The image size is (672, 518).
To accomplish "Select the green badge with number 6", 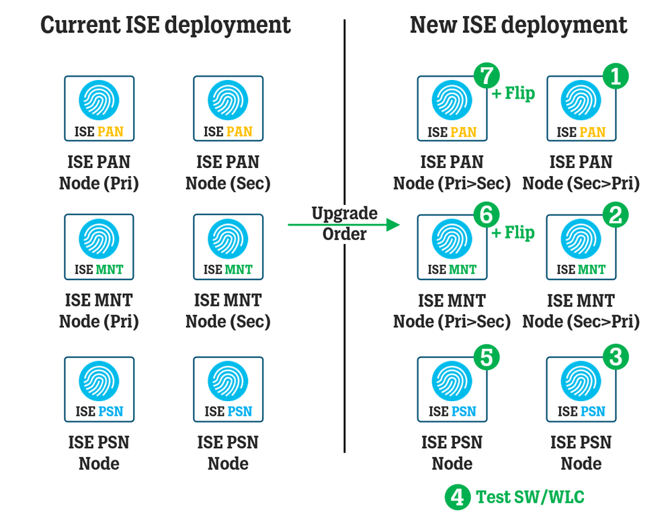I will point(487,216).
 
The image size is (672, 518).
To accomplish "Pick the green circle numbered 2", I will point(616,216).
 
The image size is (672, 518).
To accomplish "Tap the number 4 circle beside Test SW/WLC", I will point(457,497).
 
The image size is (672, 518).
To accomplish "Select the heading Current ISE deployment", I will point(165,26).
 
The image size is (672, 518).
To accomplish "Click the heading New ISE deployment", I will point(518,26).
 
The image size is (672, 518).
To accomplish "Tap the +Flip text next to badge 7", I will point(513,94).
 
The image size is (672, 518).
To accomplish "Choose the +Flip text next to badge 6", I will point(513,233).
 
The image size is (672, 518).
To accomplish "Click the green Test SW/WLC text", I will point(530,497).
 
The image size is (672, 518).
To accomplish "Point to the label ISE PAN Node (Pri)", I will point(99,173).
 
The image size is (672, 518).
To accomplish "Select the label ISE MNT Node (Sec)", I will point(228,311).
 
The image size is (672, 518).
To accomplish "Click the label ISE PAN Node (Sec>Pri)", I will point(581,173).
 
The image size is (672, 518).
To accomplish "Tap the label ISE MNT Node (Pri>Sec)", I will point(452,311).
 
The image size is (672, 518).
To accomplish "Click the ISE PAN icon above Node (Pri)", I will point(99,108).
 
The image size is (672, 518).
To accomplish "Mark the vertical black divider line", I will point(344,336).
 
